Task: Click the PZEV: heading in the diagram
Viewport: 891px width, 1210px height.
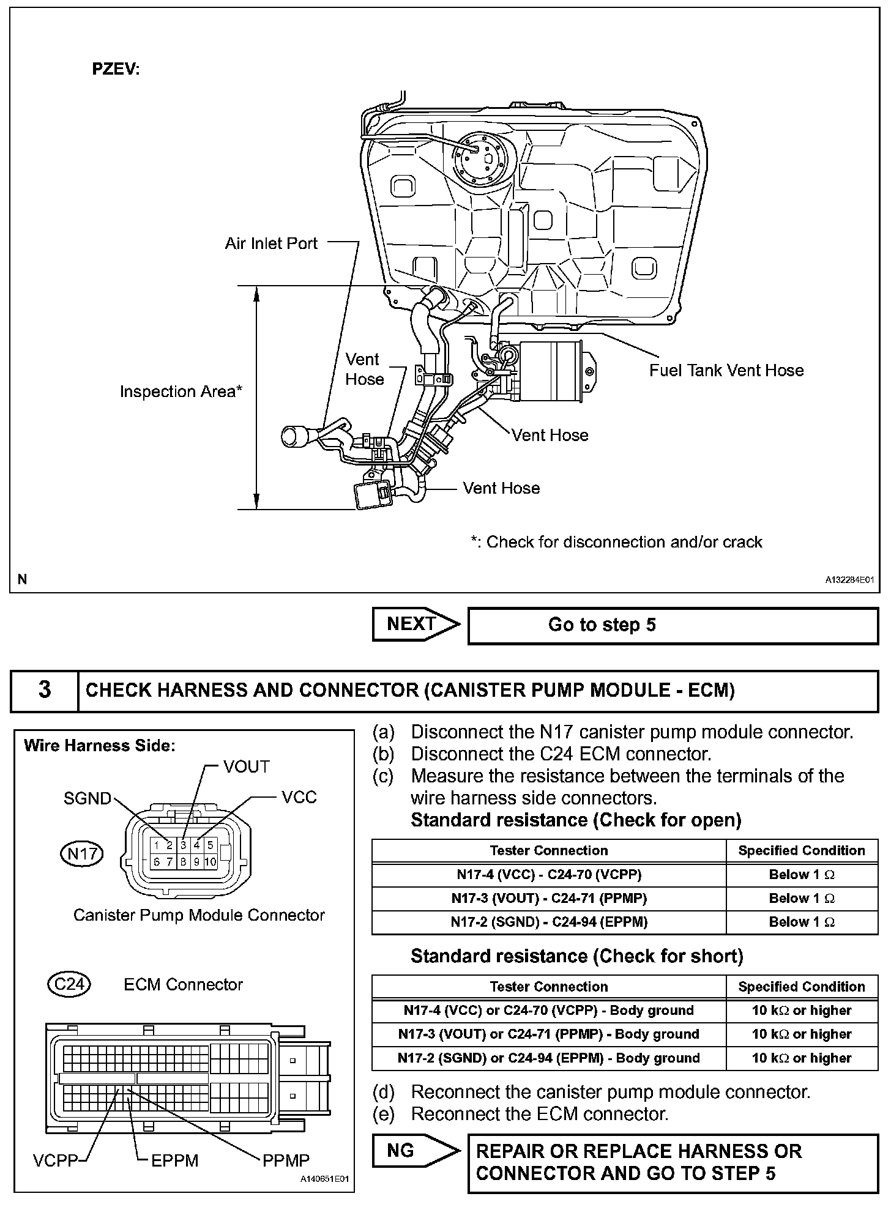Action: point(116,69)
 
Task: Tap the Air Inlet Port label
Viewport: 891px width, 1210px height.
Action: point(271,243)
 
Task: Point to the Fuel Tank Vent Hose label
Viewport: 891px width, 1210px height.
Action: point(726,370)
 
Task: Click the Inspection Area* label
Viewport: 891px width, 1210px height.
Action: point(181,392)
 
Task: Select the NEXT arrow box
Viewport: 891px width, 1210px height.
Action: point(415,624)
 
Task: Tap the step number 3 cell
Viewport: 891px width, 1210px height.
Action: point(45,690)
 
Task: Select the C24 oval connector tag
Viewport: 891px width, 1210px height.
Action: point(69,984)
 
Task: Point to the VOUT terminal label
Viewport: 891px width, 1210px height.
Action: point(246,766)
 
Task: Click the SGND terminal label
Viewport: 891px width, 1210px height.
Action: point(88,798)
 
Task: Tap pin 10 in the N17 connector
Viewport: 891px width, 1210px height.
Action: point(210,862)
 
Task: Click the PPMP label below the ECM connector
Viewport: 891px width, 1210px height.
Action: point(286,1160)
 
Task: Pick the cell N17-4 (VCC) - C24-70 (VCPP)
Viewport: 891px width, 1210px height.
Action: point(548,875)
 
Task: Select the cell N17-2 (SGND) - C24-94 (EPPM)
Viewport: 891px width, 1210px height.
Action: point(548,922)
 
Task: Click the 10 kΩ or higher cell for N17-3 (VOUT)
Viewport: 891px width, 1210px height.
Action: point(801,1034)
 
